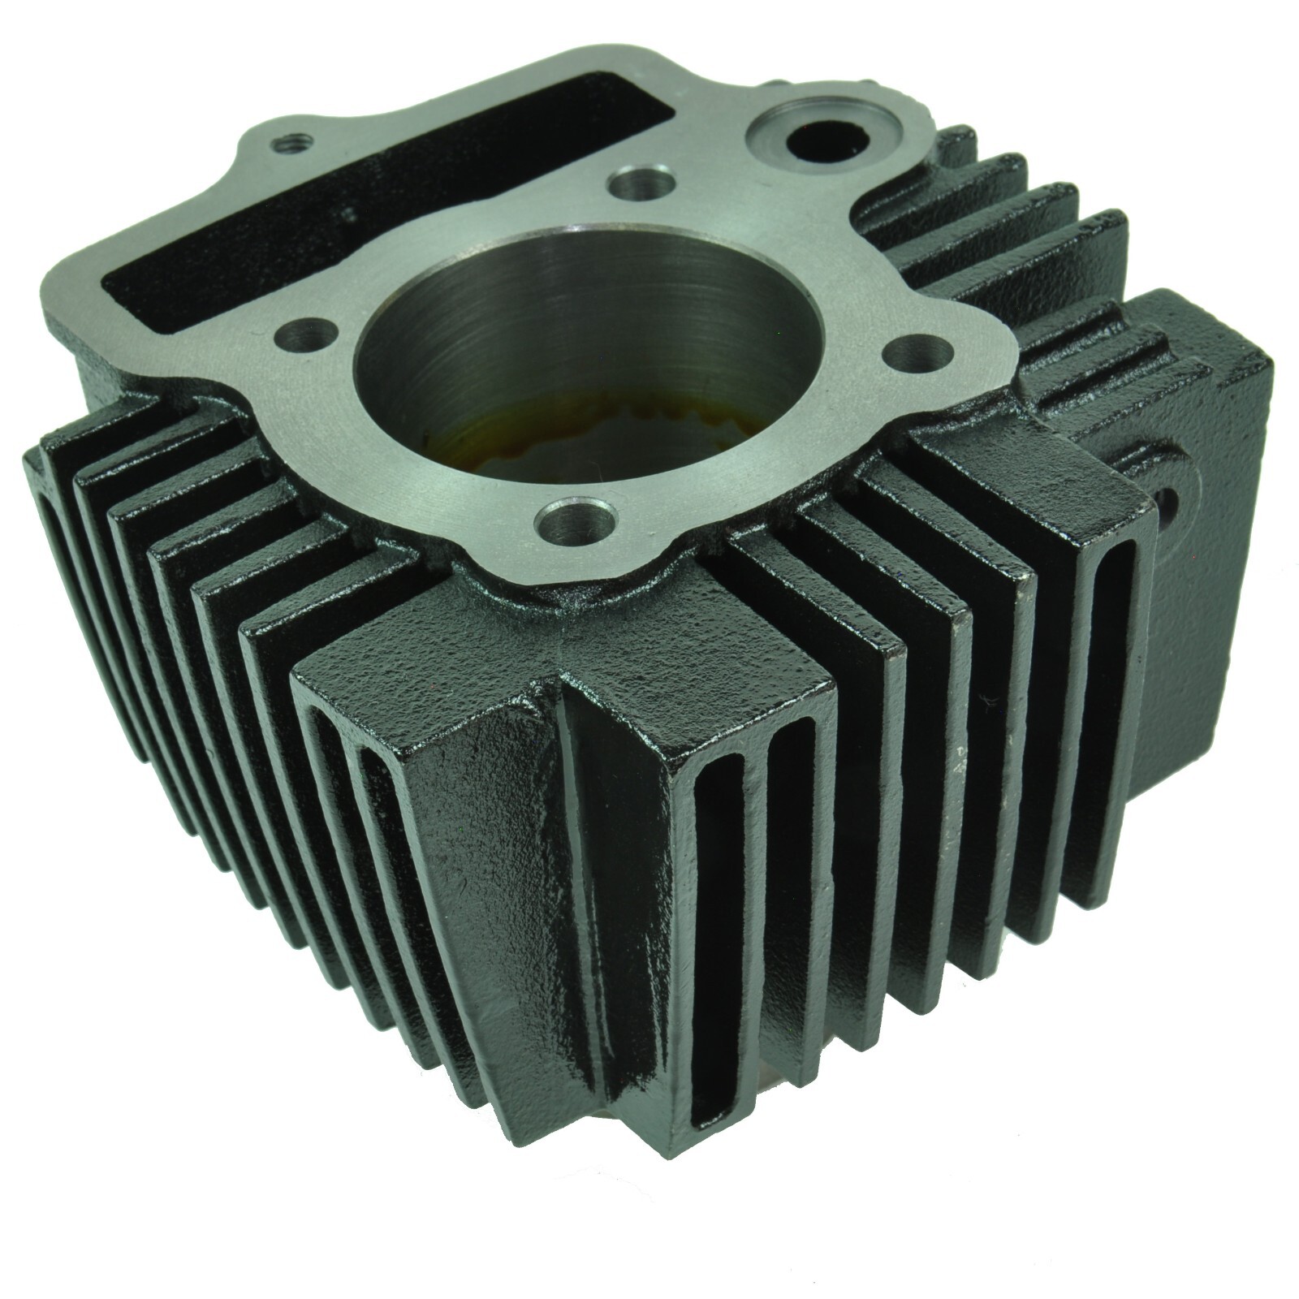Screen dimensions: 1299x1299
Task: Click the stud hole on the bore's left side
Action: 309,333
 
